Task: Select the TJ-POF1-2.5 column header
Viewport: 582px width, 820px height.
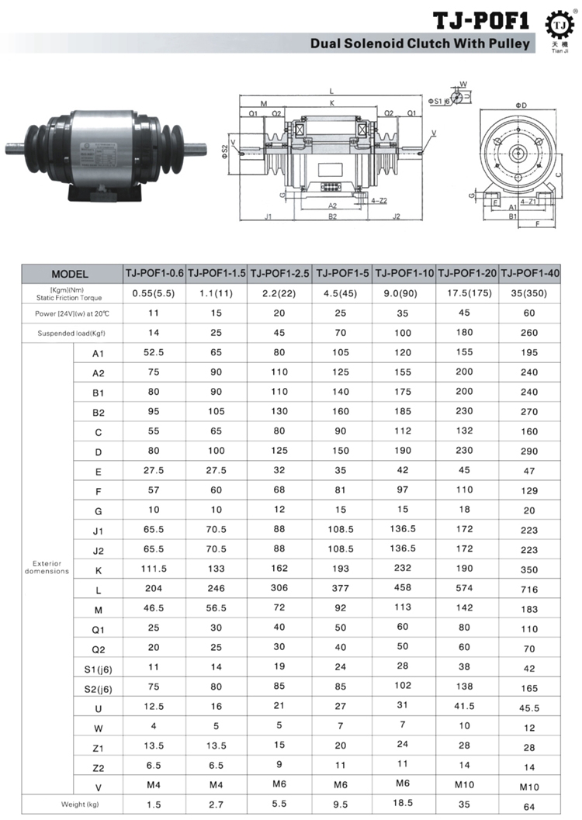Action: (280, 274)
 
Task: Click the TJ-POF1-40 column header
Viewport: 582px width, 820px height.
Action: (530, 274)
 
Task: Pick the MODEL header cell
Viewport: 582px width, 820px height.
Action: (70, 274)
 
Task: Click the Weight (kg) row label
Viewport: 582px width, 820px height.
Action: (70, 804)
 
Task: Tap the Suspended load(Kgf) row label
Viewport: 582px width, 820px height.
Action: (70, 334)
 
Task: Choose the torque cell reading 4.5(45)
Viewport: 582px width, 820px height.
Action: (340, 294)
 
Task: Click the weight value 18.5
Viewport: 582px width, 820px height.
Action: (404, 804)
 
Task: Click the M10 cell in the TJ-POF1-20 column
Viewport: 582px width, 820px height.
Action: (466, 786)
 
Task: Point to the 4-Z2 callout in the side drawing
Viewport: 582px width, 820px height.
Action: (379, 199)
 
